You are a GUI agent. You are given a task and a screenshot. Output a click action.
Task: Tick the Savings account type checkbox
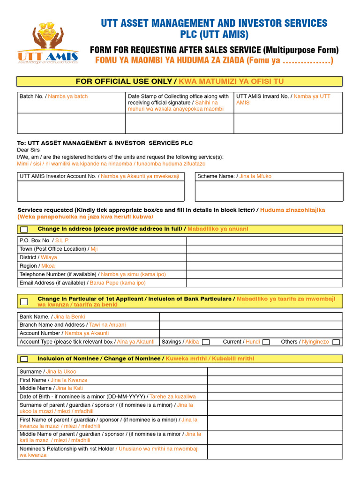tap(205, 342)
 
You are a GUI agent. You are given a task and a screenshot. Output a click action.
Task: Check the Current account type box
tap(266, 342)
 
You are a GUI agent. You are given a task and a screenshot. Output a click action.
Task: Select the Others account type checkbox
tap(336, 342)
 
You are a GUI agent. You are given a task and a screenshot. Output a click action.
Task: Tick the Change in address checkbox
tap(24, 229)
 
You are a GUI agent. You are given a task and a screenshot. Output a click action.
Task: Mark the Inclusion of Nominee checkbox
tap(24, 359)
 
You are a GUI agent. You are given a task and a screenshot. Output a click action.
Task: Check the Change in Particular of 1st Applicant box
tap(24, 301)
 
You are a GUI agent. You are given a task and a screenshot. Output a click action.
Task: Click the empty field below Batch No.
tap(71, 123)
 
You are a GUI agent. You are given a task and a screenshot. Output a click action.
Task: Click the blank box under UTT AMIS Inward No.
tap(288, 123)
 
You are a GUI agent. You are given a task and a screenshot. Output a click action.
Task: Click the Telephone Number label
tap(92, 274)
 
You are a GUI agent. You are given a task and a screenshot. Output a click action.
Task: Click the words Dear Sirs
tap(28, 150)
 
